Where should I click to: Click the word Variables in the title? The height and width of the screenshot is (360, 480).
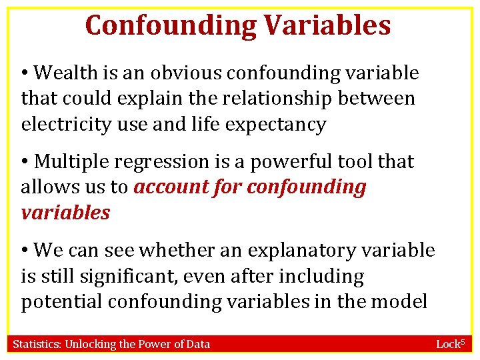click(327, 25)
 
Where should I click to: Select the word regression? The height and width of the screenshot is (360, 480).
click(155, 161)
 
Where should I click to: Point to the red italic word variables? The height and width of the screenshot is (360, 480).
click(65, 213)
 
